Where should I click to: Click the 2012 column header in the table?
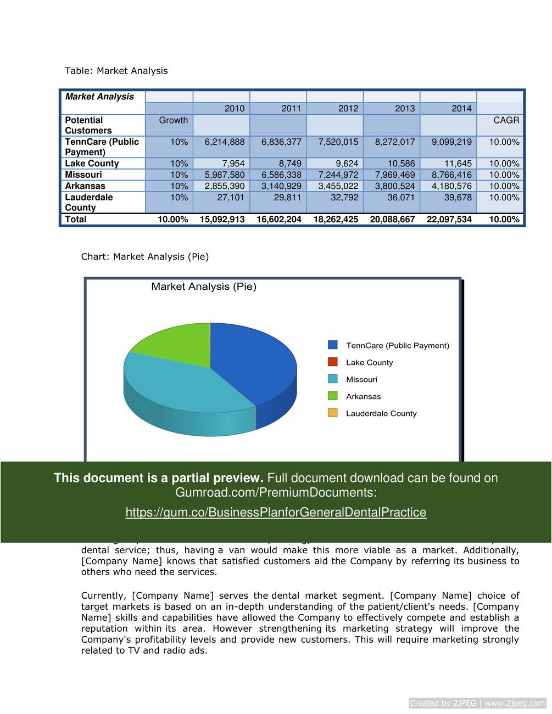(x=348, y=109)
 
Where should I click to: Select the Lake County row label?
(x=92, y=164)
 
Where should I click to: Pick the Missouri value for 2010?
(x=225, y=175)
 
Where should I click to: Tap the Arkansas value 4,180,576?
(x=451, y=186)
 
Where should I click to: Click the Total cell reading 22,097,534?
(x=449, y=220)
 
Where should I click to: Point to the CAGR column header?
(x=506, y=120)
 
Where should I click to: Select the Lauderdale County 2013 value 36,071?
(x=401, y=198)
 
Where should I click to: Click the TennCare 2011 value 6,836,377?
(x=281, y=142)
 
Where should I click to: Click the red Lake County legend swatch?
(x=333, y=362)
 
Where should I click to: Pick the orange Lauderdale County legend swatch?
(x=333, y=413)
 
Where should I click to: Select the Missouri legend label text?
(x=361, y=380)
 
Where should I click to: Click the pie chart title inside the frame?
(x=204, y=286)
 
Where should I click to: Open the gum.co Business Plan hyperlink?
(x=276, y=513)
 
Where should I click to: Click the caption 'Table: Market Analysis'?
(x=116, y=71)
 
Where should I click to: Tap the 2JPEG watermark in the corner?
(x=477, y=703)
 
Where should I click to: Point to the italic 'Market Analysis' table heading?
(x=99, y=97)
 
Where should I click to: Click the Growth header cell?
(x=173, y=120)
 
